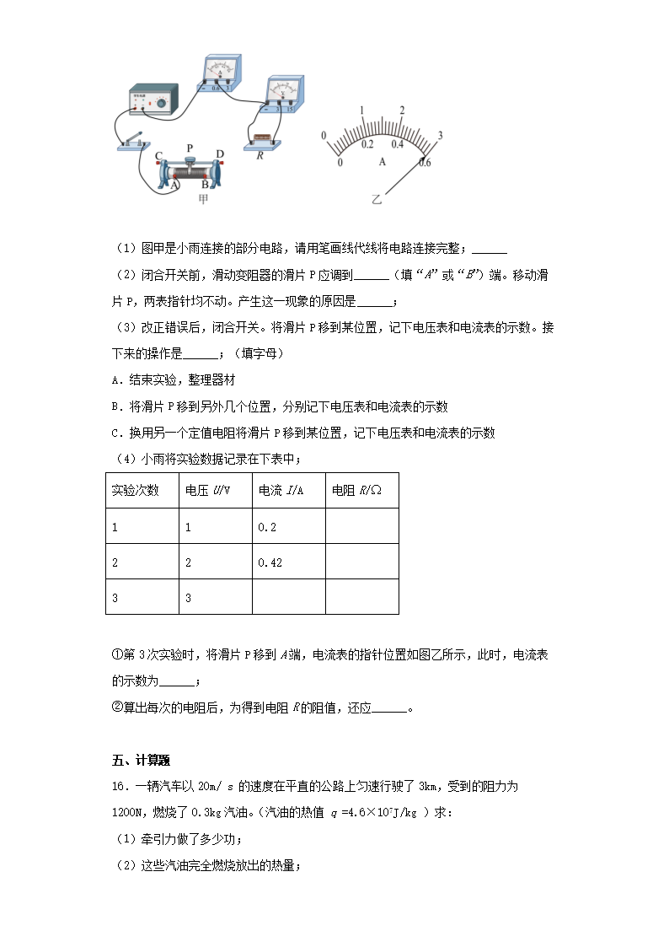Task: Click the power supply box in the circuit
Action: click(153, 100)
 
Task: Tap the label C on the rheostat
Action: click(158, 156)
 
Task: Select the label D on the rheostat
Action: click(220, 154)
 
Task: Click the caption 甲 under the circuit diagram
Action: click(202, 199)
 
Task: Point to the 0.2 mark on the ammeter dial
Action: click(367, 144)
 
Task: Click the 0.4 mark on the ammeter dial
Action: click(397, 144)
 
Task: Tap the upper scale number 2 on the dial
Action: click(402, 110)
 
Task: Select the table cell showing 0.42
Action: click(270, 562)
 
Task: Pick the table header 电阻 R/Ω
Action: click(357, 491)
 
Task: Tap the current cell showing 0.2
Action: click(267, 526)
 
